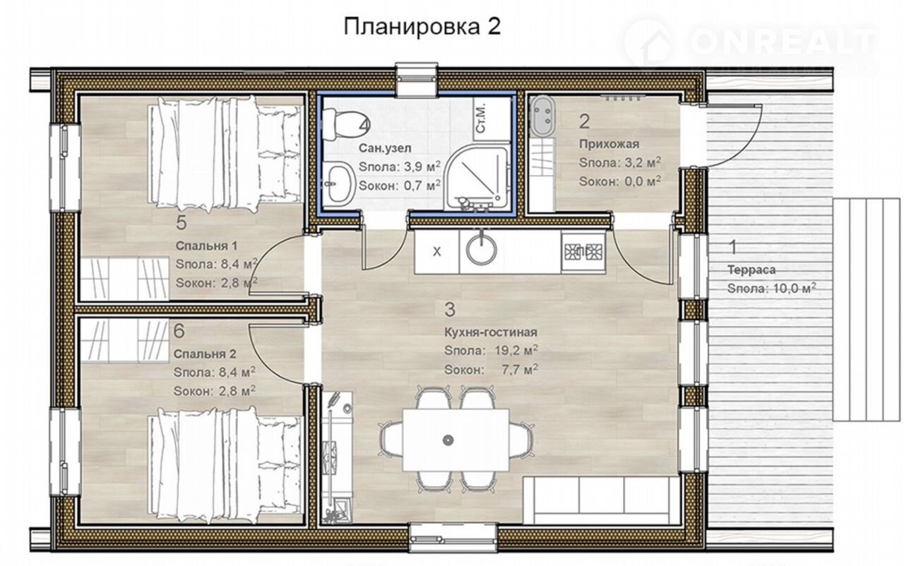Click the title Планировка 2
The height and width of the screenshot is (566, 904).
[422, 28]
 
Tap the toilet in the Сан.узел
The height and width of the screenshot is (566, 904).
[343, 125]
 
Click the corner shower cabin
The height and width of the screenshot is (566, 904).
[477, 178]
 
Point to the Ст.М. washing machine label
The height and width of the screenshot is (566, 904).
[481, 120]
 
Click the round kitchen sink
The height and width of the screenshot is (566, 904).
[481, 251]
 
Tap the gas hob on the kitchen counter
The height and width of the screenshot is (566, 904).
[583, 252]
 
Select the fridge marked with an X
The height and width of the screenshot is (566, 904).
[436, 251]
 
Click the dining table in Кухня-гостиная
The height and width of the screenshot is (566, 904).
[456, 440]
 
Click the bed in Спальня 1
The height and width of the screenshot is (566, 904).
[226, 152]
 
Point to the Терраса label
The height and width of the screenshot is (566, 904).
[751, 270]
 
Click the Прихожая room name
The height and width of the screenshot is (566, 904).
[609, 144]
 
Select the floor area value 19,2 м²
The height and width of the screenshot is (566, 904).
[516, 351]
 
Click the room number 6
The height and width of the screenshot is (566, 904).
[179, 331]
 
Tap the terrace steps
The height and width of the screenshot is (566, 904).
[866, 309]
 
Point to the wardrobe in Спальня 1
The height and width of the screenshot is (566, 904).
[124, 279]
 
